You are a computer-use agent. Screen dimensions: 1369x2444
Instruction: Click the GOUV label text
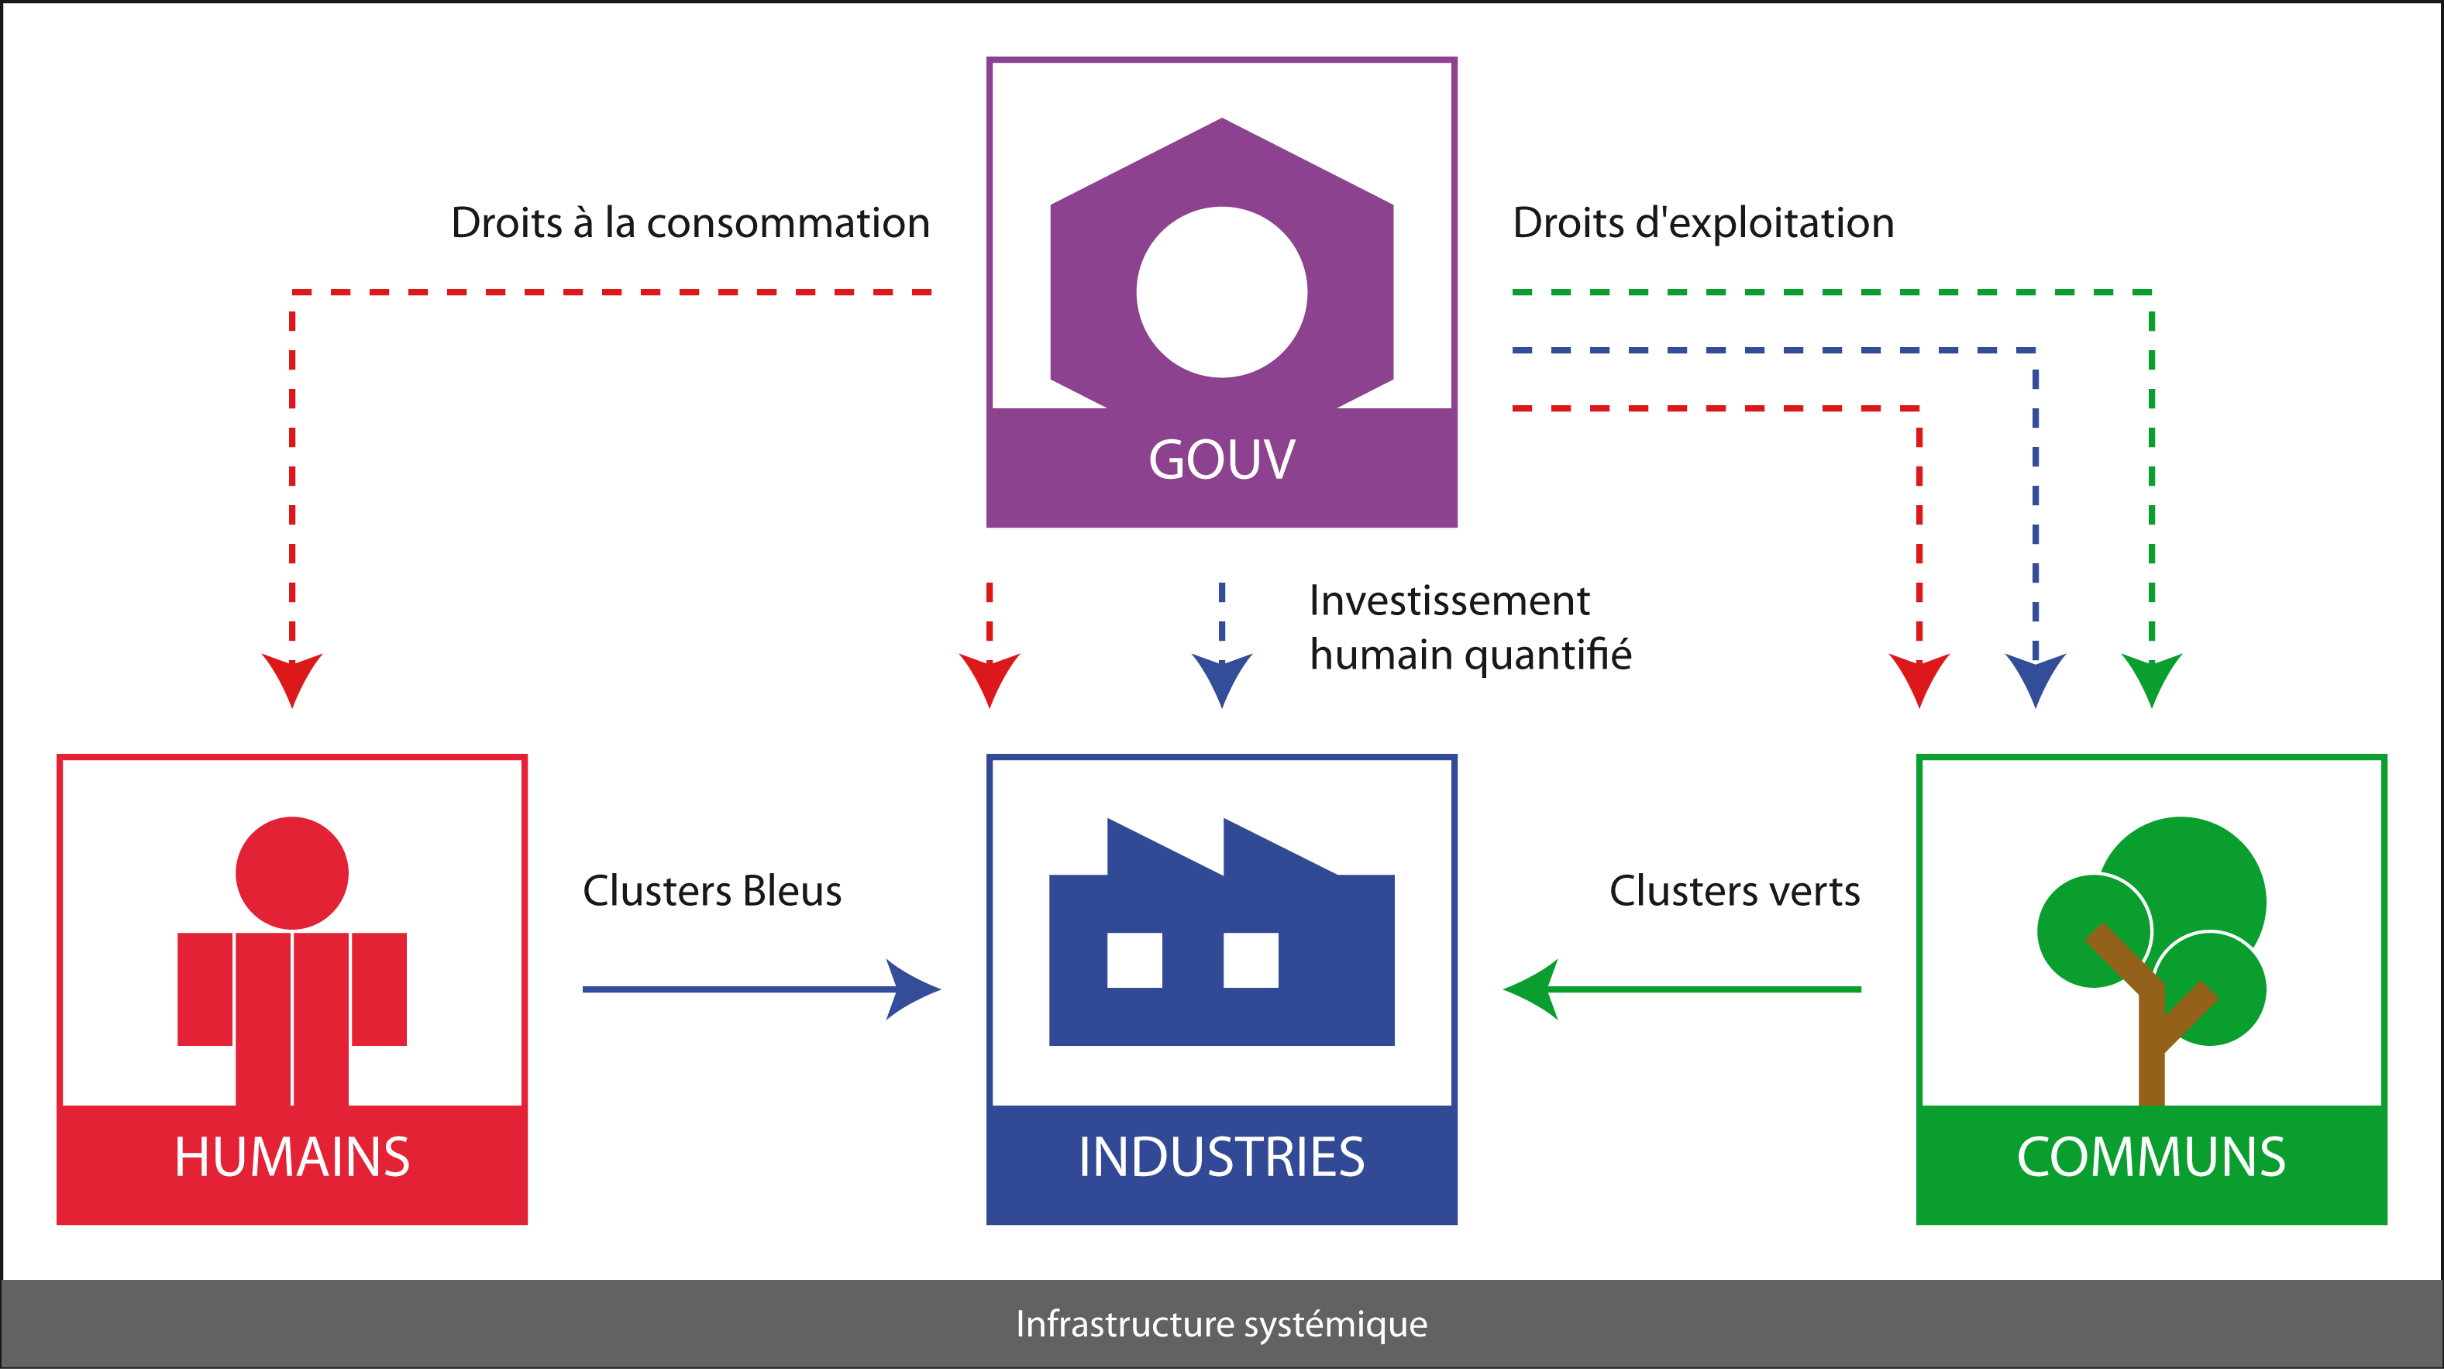1221,460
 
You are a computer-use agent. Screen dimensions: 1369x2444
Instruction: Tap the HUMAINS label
291,1157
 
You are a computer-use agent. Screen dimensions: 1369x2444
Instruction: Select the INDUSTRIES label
1221,1157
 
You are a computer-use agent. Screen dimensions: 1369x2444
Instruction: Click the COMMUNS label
2151,1157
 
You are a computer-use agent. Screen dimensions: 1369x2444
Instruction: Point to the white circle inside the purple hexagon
1221,292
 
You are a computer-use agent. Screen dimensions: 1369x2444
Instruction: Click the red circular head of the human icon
291,873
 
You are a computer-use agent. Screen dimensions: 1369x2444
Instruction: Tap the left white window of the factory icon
1134,960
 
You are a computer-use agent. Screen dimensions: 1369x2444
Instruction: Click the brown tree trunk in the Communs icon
2151,1053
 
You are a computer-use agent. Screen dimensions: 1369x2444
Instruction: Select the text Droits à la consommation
690,223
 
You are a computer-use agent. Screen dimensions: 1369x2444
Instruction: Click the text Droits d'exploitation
1703,223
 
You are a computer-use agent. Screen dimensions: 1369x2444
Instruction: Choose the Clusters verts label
1734,891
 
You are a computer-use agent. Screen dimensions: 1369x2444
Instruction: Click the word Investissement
1449,600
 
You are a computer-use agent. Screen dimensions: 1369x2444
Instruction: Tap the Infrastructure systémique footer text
1221,1323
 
